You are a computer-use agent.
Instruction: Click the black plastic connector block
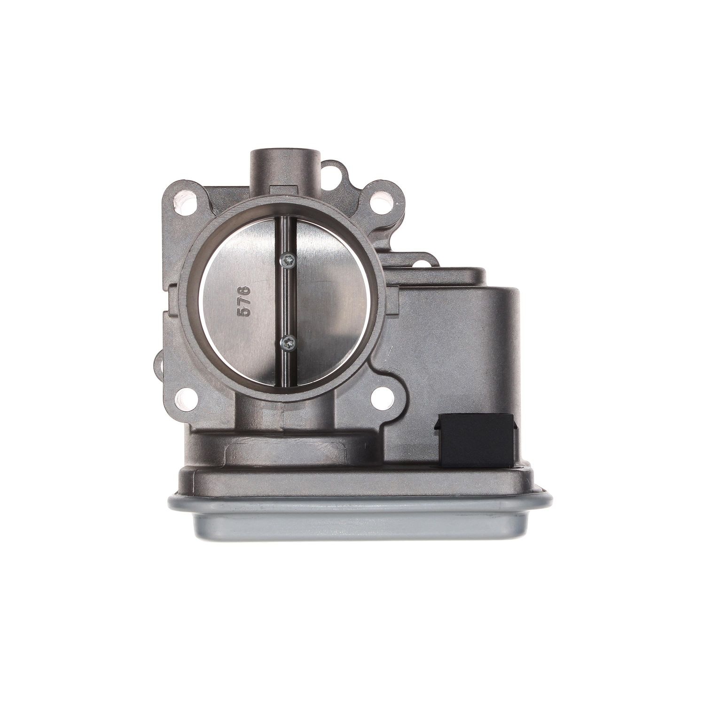(x=477, y=441)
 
